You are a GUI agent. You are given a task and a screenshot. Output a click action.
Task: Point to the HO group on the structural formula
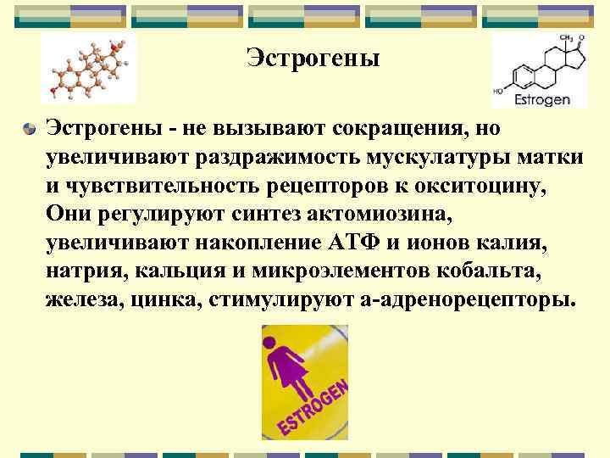(500, 89)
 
